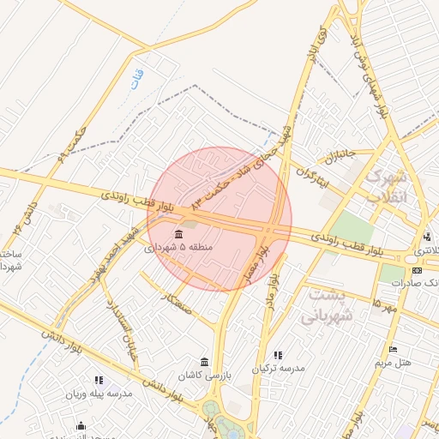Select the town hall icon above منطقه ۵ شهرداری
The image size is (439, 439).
(178, 234)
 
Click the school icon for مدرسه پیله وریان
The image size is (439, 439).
(99, 379)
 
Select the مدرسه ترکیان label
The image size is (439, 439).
(278, 369)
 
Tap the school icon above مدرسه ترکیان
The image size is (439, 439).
(277, 355)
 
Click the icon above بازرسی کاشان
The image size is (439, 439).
(204, 362)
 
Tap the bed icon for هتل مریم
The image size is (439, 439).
(394, 349)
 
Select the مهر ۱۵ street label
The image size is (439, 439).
(385, 303)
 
